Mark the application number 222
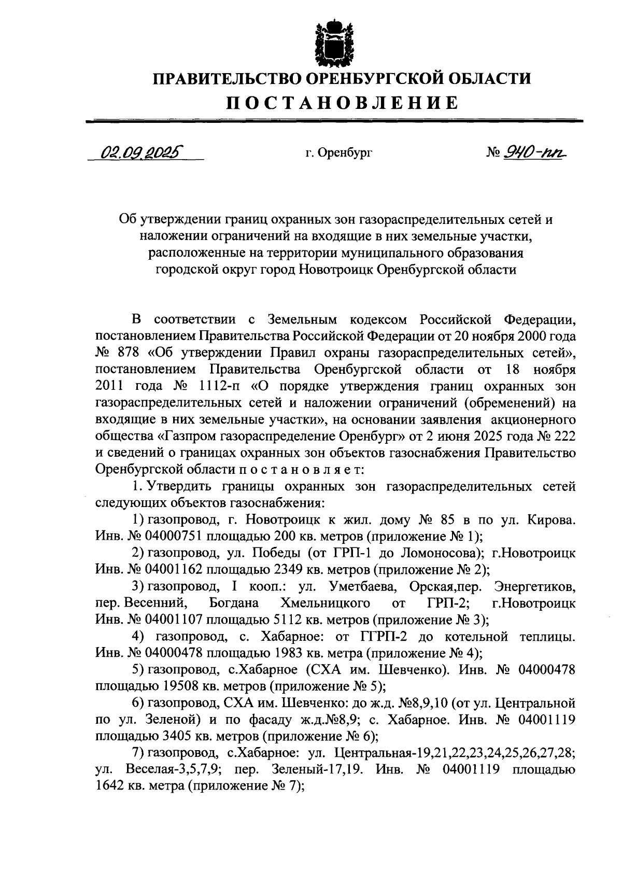click(563, 435)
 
